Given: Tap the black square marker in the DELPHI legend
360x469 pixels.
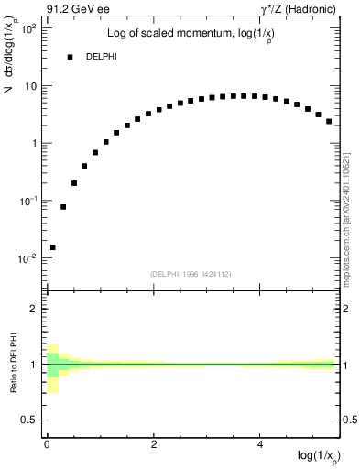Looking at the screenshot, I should [x=70, y=57].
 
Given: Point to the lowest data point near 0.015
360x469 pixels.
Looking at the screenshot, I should [x=53, y=247].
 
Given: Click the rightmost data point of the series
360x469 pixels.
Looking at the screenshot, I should [x=329, y=121].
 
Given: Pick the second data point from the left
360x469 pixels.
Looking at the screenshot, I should [x=63, y=207].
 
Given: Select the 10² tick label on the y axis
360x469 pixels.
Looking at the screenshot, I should [x=27, y=28].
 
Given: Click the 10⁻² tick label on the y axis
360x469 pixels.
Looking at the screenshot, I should [x=27, y=257].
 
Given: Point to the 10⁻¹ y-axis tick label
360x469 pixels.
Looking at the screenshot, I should [x=27, y=201].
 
